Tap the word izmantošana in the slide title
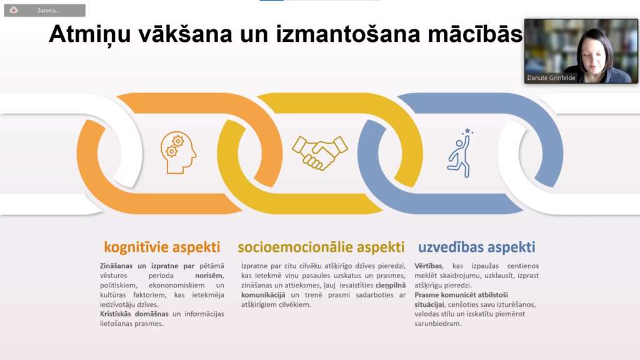[348, 34]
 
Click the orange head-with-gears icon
[178, 152]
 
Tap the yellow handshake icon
[319, 152]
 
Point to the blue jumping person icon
[461, 153]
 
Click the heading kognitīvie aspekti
[162, 247]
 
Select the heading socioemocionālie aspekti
[321, 247]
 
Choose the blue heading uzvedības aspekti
[476, 247]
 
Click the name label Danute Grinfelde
[551, 78]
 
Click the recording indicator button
[45, 10]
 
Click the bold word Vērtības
[428, 266]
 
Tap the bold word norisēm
[209, 276]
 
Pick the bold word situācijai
[429, 305]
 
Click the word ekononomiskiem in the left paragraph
[177, 285]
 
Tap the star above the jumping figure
[467, 131]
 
